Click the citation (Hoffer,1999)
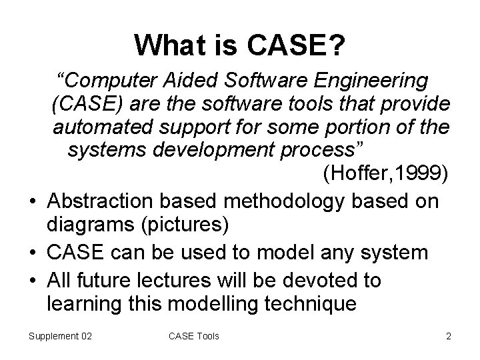(x=385, y=174)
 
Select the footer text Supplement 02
(x=60, y=335)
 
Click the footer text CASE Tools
(x=193, y=335)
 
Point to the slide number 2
(x=448, y=335)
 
